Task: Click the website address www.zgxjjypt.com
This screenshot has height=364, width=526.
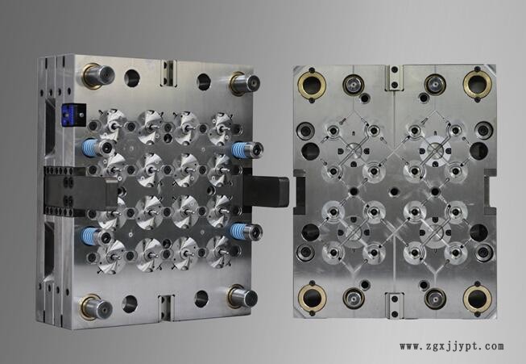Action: tap(452, 346)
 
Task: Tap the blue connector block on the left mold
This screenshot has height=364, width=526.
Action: tap(73, 115)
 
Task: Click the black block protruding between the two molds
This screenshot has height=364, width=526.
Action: tap(267, 191)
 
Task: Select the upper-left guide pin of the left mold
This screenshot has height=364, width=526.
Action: tap(98, 76)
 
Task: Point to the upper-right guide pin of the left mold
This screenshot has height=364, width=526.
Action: tap(245, 84)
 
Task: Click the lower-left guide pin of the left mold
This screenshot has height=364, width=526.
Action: tap(96, 308)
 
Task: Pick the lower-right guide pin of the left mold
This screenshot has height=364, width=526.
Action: tap(243, 297)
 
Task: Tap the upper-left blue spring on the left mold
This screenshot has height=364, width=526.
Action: tap(89, 147)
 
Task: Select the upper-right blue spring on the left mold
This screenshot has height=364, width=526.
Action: tap(240, 149)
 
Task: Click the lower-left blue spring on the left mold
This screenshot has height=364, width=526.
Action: tap(89, 236)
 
